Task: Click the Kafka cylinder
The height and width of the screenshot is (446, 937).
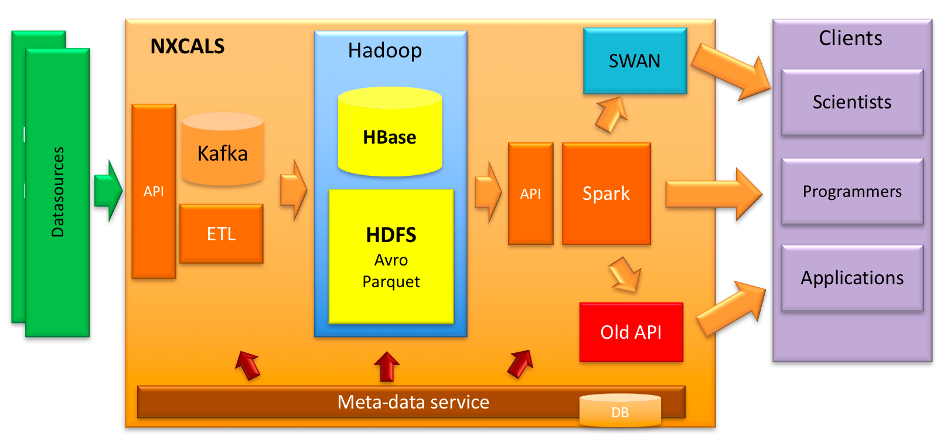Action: pos(223,150)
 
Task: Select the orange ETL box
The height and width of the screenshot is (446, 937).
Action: pos(221,234)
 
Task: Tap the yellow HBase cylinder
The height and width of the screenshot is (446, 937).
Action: pos(390,132)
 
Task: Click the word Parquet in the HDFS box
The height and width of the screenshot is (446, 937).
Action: pos(391,282)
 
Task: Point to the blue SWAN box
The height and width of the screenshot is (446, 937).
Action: pos(635,61)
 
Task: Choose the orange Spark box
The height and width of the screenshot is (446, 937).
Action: pos(606,193)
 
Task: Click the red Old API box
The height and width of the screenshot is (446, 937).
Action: pos(631,332)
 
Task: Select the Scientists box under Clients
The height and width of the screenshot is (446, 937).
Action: pos(852,103)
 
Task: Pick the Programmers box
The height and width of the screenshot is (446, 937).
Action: pos(852,192)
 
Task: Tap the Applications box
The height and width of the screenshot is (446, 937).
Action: pos(852,278)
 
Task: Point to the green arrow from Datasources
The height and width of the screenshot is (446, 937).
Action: pos(108,190)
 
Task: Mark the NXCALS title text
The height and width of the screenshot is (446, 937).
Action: pos(188,46)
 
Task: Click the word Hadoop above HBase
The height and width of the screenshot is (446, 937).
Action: pos(385,51)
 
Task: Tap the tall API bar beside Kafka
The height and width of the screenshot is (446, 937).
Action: pos(154,191)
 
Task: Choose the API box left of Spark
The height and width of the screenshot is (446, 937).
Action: pos(530,193)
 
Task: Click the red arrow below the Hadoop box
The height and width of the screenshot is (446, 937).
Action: pos(387,366)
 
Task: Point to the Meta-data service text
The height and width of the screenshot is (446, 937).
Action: pos(413,402)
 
